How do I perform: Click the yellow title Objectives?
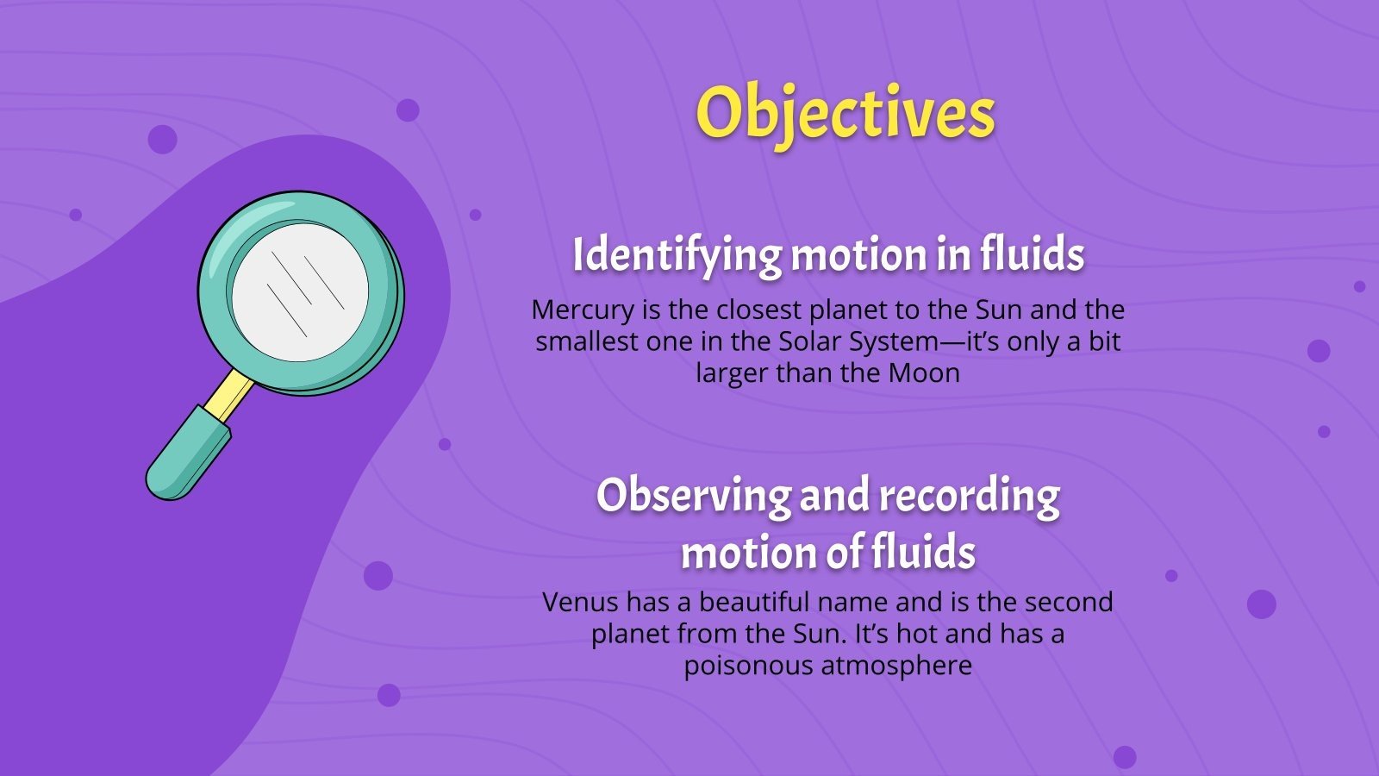845,113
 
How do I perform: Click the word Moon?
924,373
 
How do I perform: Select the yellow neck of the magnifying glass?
229,396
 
